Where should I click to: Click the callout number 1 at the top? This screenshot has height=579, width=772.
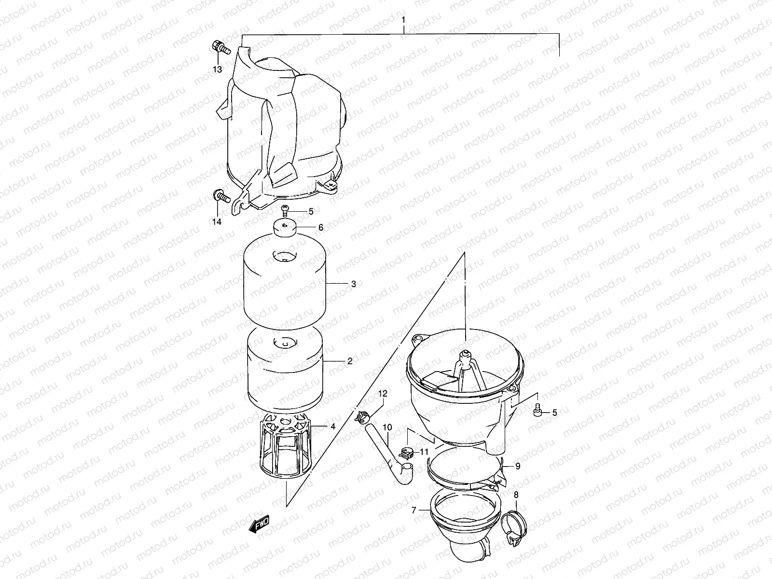coord(404,22)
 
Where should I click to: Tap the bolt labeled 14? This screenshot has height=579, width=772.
coord(220,196)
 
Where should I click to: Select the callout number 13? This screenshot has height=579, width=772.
coord(217,69)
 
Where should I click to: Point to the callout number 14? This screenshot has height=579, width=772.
coord(217,221)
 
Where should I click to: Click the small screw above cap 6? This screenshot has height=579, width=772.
coord(286,210)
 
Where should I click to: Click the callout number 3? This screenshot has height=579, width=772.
coord(354,284)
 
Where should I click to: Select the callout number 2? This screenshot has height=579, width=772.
coord(349,361)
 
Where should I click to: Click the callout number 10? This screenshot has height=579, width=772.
coord(387,427)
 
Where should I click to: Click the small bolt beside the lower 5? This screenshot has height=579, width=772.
coord(537,412)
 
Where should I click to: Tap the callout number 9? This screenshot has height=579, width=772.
coord(518,466)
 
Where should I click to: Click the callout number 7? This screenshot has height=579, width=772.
coord(414,509)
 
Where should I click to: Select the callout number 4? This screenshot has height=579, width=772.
coord(332,427)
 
